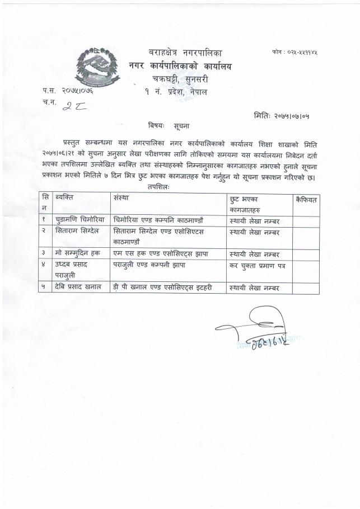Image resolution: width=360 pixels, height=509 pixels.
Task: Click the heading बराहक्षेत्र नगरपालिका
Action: pos(186,53)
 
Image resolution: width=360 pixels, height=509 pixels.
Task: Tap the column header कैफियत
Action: pos(306,199)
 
